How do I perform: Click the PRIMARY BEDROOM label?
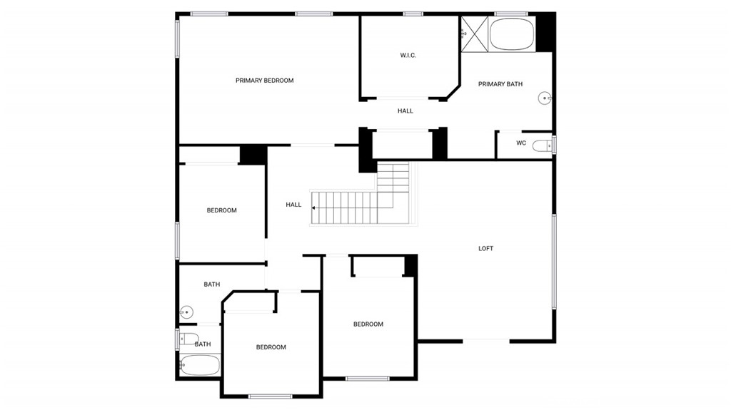[264, 81]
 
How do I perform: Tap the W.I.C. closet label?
[408, 56]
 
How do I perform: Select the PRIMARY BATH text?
[500, 84]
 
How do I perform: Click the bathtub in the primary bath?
[512, 34]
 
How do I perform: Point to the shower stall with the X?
[475, 34]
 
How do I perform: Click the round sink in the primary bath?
[545, 98]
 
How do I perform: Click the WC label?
[521, 143]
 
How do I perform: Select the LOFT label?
[485, 249]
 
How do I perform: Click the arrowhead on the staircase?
[314, 207]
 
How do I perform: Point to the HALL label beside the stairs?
[293, 205]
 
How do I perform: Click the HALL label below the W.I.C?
[405, 111]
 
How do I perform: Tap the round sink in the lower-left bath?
[186, 312]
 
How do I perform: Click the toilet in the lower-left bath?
[188, 339]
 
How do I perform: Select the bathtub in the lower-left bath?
[200, 365]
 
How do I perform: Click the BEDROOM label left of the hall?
[222, 210]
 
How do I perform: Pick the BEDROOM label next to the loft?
[368, 324]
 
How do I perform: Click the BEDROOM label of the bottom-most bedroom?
[271, 347]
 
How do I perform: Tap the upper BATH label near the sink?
[211, 285]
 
